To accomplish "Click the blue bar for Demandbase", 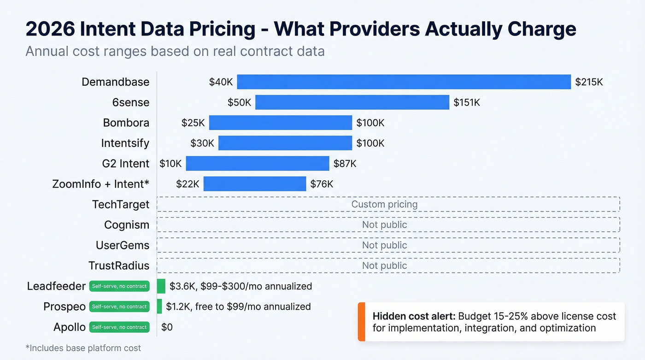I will tap(404, 82).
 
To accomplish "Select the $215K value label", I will tap(589, 82).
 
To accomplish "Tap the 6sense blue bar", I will tap(352, 102).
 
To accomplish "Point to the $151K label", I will tap(466, 102).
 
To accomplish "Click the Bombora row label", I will tap(126, 123).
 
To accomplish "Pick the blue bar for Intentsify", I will tap(285, 143).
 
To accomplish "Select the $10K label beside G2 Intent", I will tap(170, 163).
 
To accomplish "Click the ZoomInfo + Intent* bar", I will tap(254, 184).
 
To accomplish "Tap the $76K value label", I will tap(321, 184).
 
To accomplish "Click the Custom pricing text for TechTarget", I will tap(384, 204).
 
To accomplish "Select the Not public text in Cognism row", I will tap(384, 224).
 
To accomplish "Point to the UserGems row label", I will tap(122, 245).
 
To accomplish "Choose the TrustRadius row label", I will tap(119, 266).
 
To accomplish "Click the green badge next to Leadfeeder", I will tap(119, 286).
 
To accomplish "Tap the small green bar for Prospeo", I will tap(159, 307).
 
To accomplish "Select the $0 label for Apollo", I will tap(167, 327).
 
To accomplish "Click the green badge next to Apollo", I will tap(119, 327).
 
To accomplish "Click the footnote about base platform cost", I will tap(83, 348).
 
